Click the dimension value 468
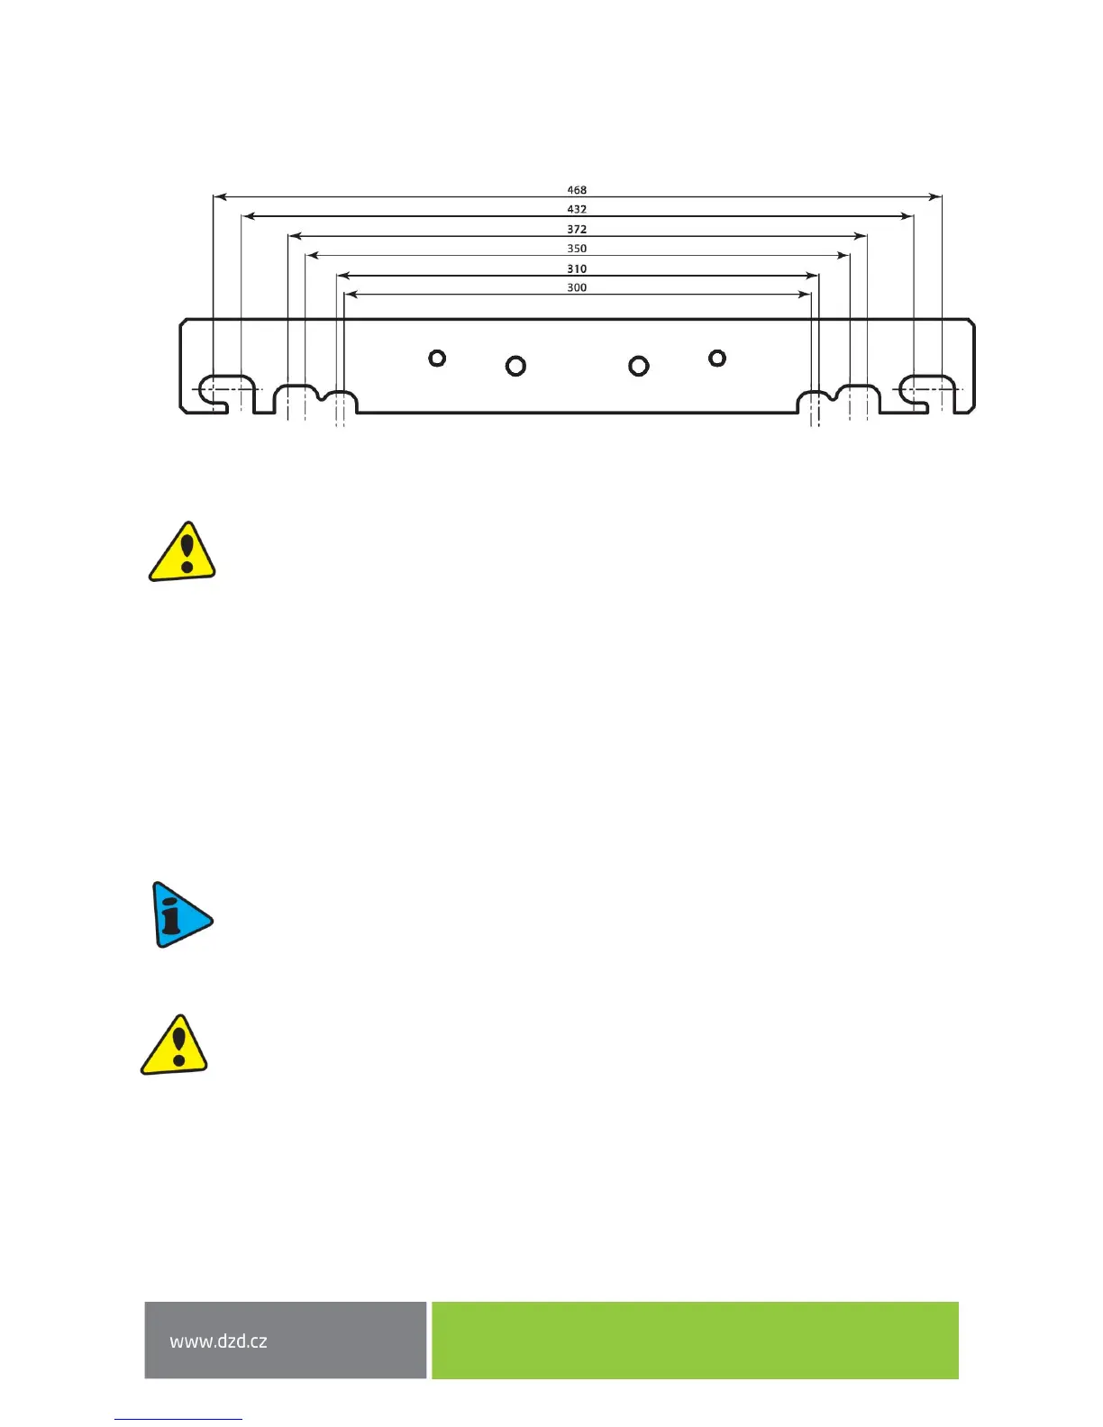tap(577, 190)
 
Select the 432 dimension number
tap(577, 209)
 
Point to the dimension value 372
tap(577, 229)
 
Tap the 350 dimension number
tap(577, 249)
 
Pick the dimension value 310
tap(577, 268)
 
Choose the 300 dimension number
tap(577, 287)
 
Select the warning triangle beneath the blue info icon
tap(175, 1047)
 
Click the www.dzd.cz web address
tap(219, 1341)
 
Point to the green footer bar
tap(695, 1340)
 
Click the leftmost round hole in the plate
tap(437, 359)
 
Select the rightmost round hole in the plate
tap(717, 359)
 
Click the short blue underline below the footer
tap(178, 1419)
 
